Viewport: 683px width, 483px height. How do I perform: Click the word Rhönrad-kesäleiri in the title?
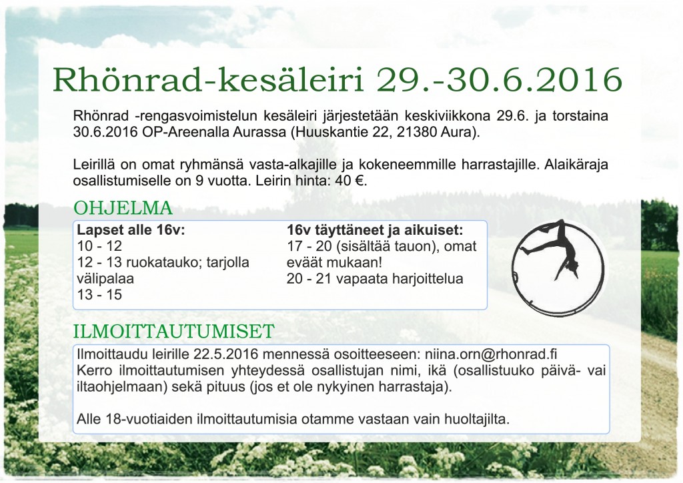click(x=208, y=79)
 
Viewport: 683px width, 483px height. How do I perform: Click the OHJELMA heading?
click(x=123, y=208)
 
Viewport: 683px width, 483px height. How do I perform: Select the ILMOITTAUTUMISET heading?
click(x=174, y=332)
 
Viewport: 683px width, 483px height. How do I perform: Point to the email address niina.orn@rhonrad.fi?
click(x=491, y=354)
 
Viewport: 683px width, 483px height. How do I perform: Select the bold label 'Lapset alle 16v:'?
click(x=131, y=230)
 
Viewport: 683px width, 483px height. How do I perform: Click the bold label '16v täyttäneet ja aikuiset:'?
click(x=375, y=230)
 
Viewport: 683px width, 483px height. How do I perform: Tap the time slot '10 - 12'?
click(x=99, y=246)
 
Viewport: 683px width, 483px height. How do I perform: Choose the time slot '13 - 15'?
click(x=99, y=295)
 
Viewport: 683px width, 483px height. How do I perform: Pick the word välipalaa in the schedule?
click(x=105, y=279)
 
